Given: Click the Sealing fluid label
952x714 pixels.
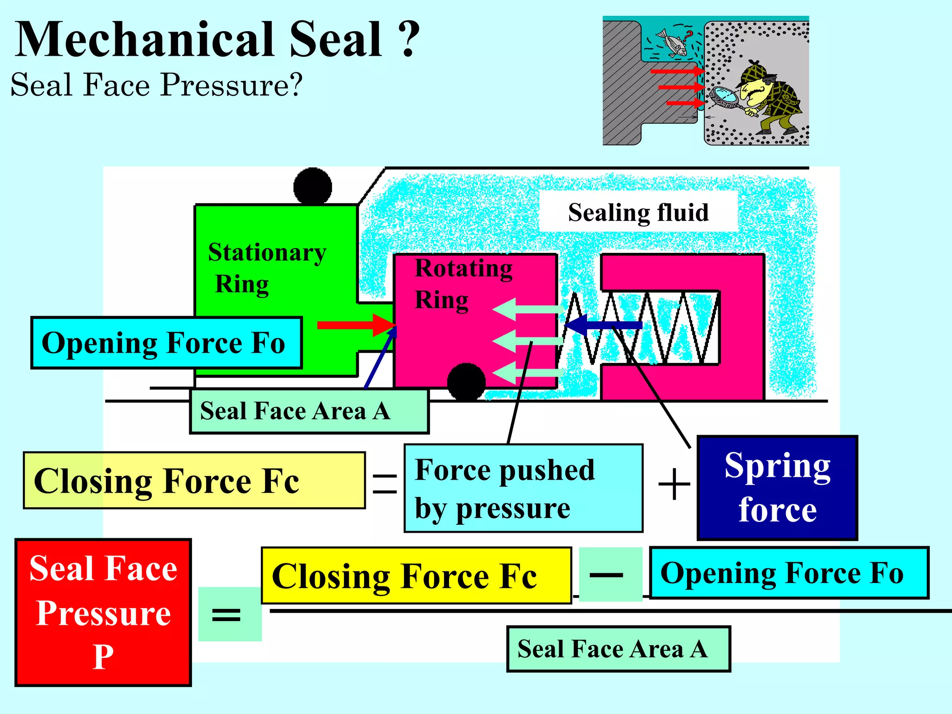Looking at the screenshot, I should (x=638, y=212).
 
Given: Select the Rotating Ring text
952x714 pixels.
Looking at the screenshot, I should (x=463, y=284).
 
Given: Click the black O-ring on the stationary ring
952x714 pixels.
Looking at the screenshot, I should (x=313, y=186).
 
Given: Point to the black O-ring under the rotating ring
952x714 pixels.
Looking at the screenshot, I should (x=466, y=382).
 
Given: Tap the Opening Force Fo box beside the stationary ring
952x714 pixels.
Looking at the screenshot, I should (x=166, y=343).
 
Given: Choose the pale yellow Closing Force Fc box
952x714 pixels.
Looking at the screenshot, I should (x=194, y=481).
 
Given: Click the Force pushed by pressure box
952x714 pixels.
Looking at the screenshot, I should (x=523, y=488).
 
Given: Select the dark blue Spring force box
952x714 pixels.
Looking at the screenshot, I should (x=777, y=488).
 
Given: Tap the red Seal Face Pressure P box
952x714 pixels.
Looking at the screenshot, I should (x=103, y=612).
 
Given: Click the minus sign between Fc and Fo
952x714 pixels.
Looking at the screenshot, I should (x=606, y=575).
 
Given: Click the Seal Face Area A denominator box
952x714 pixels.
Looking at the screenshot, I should (x=618, y=649).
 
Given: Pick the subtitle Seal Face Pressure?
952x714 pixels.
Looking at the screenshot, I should (x=157, y=85).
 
